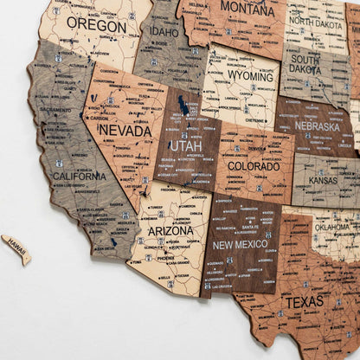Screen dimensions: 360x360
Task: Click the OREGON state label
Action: [96, 26]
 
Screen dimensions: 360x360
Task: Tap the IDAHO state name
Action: [165, 32]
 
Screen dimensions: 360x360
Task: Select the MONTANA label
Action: [247, 9]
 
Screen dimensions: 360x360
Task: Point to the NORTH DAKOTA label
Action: [318, 21]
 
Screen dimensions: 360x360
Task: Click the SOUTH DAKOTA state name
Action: [305, 63]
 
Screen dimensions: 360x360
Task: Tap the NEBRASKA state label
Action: [317, 126]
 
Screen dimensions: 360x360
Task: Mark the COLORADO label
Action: [254, 166]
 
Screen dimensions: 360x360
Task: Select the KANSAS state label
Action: [323, 181]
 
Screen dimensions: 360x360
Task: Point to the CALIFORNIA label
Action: [79, 176]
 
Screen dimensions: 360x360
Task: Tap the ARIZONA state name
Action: [170, 231]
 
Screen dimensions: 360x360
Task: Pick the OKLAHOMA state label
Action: [331, 228]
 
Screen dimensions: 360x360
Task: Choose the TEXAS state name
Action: [303, 302]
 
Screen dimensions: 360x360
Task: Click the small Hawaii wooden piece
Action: [16, 248]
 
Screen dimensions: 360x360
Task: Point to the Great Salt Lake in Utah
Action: [183, 106]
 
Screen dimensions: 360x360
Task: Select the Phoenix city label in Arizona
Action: [164, 258]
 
